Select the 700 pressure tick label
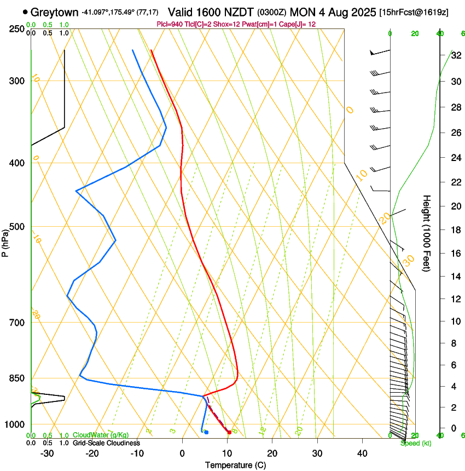pos(17,323)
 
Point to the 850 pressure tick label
pos(17,378)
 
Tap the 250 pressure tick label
pos(17,28)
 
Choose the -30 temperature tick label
pos(47,453)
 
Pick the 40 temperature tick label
pos(362,453)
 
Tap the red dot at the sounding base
pos(229,433)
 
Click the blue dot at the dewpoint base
pos(206,432)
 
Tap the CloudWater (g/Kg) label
pos(101,435)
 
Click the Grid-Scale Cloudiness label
pos(106,443)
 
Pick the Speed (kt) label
pos(416,443)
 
